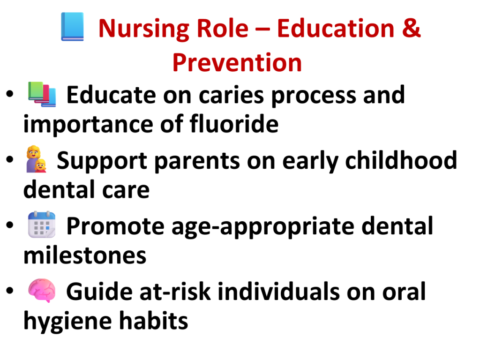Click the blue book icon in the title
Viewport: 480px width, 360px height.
pos(73,27)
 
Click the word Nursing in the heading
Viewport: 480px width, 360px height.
pos(143,29)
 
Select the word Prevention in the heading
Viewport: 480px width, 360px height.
pos(237,63)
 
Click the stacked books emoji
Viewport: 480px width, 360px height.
pos(42,94)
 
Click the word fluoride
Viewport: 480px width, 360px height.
pos(234,124)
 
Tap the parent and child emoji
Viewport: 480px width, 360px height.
pos(37,159)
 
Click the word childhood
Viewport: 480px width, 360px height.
pos(401,160)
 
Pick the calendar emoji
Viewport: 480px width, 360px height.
pos(42,225)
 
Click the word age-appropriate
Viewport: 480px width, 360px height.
pos(263,227)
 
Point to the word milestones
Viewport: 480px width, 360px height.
pos(85,256)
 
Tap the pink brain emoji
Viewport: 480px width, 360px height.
pos(42,291)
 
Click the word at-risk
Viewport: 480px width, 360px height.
pos(175,292)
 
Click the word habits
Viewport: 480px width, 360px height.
pos(153,321)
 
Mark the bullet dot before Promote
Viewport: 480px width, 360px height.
pos(10,225)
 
